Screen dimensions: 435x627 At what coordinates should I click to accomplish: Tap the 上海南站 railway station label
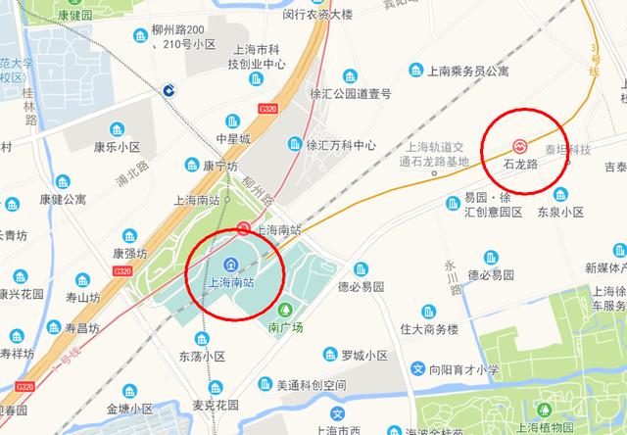(x=231, y=282)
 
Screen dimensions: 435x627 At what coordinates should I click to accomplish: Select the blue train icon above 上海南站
(x=231, y=263)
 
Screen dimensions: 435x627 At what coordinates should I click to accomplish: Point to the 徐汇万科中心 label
(x=341, y=144)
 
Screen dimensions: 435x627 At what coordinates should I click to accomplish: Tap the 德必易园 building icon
(x=361, y=267)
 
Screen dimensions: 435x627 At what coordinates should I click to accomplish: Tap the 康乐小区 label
(x=144, y=147)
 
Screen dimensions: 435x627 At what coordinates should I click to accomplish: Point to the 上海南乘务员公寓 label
(x=470, y=71)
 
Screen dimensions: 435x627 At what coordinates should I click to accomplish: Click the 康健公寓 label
(x=63, y=199)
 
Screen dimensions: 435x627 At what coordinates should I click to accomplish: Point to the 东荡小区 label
(x=203, y=357)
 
